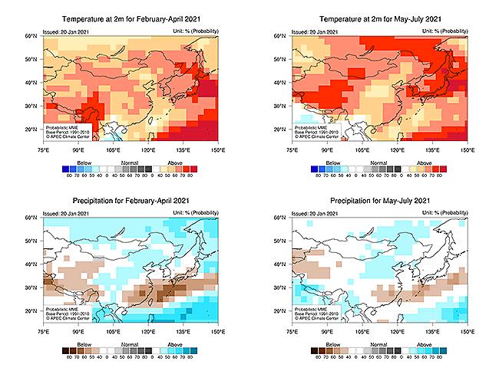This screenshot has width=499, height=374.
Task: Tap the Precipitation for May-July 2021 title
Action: [379, 202]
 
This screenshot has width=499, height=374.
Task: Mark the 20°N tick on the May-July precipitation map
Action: [284, 312]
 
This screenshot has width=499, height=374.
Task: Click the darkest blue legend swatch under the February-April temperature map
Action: [65, 169]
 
